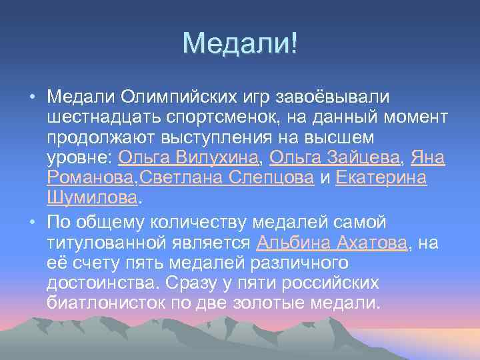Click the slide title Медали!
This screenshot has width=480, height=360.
[240, 44]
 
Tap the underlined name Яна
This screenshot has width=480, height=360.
[428, 158]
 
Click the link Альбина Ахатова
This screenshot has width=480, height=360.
[331, 243]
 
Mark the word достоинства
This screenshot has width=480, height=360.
[101, 283]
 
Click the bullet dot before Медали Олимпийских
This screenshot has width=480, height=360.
[32, 98]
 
